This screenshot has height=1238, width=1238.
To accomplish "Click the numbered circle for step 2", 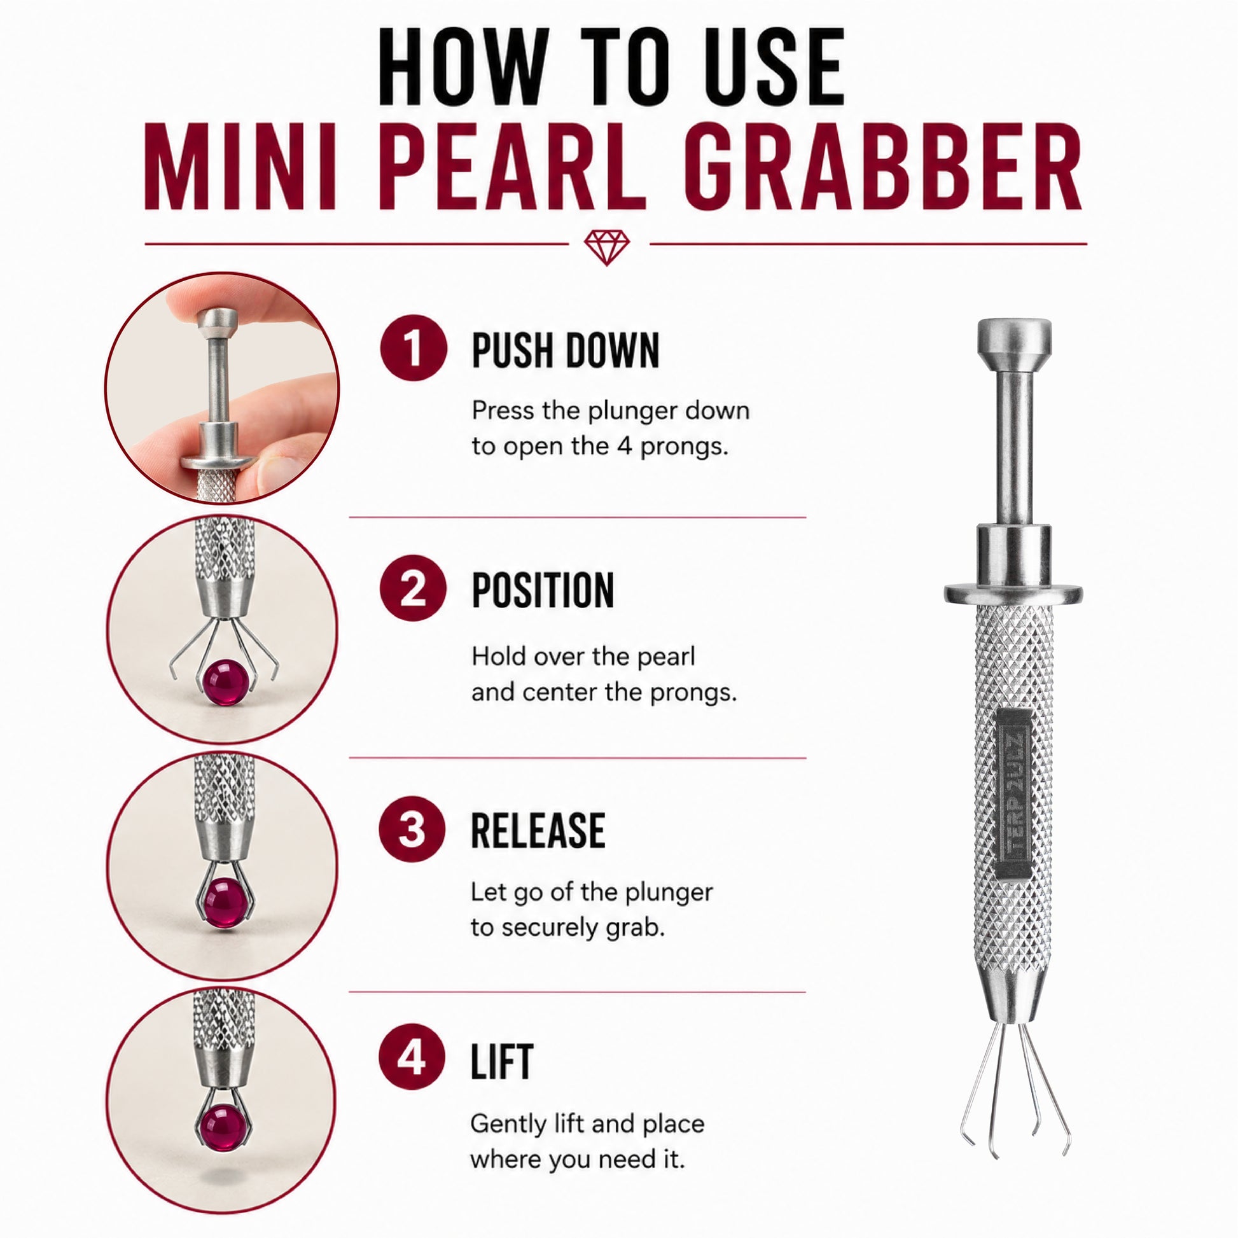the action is tap(414, 588).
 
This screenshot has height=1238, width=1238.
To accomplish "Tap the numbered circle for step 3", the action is tap(412, 828).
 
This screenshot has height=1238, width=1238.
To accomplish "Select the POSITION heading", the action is tap(543, 590).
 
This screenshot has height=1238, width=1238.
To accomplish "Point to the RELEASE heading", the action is tap(538, 830).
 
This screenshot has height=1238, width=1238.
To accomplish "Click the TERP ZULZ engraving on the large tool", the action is tap(1015, 792).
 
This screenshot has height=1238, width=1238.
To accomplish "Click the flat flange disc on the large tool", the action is tap(1013, 594).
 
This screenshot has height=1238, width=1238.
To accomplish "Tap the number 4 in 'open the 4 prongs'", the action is tap(625, 446).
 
